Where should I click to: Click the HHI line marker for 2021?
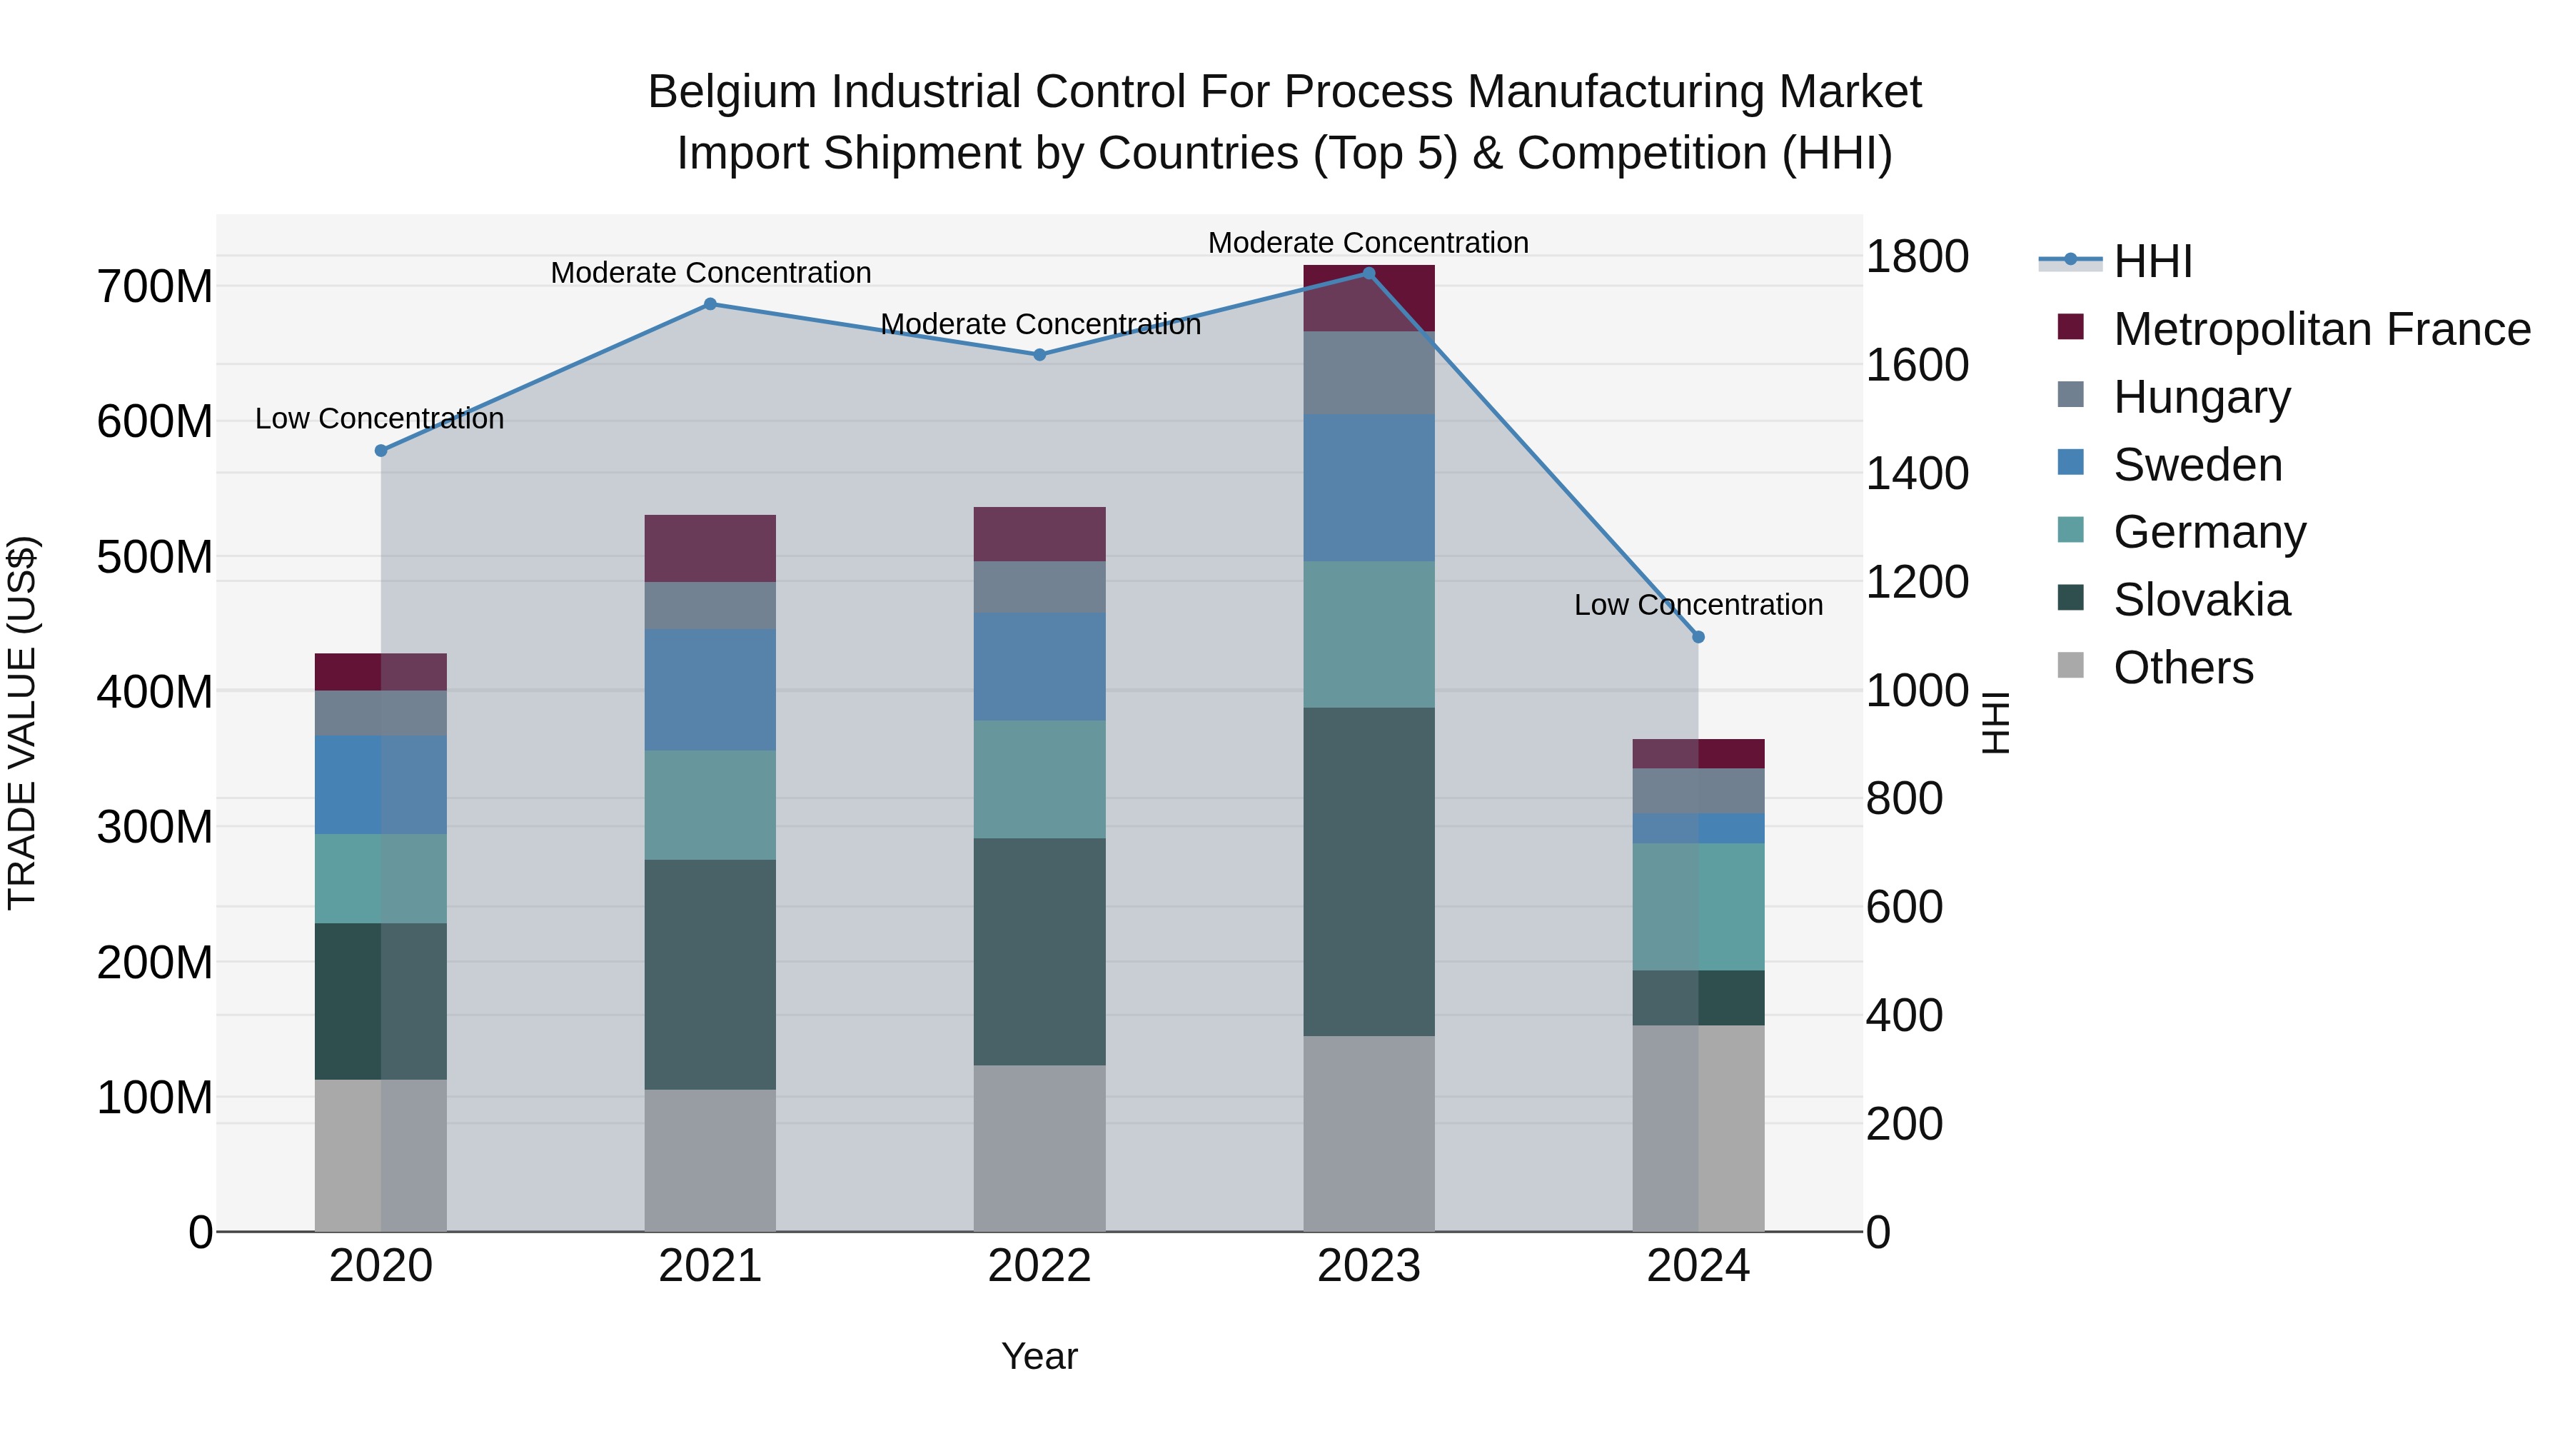click(710, 304)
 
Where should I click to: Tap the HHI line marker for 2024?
click(1698, 637)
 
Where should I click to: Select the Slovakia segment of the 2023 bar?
click(1368, 871)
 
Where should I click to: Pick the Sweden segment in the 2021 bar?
click(710, 690)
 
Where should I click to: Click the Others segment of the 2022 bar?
click(1039, 1148)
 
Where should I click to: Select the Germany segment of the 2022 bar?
click(1039, 779)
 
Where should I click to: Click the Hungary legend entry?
click(2201, 397)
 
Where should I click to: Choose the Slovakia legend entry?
click(2201, 601)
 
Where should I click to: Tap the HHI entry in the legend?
click(2152, 261)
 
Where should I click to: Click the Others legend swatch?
click(2070, 666)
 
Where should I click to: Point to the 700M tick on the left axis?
click(155, 287)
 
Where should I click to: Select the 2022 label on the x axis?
click(1039, 1266)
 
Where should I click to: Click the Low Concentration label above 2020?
click(379, 419)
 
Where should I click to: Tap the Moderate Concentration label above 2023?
click(1368, 243)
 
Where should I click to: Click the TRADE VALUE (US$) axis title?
click(22, 723)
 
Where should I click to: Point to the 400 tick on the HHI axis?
click(1903, 1016)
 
